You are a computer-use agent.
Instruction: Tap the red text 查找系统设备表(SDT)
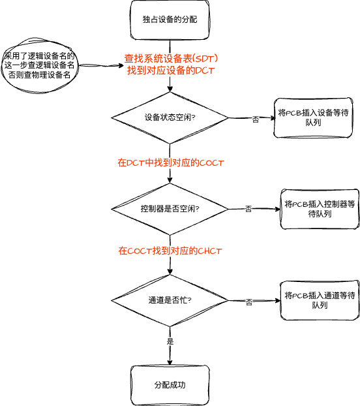point(171,59)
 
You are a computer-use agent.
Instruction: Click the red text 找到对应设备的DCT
point(171,70)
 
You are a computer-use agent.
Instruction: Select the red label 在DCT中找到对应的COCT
point(171,163)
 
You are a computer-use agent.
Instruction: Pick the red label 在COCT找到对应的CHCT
point(170,251)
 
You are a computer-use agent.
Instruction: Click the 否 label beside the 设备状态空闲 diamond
point(256,119)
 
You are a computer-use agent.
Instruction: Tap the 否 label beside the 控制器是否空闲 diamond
point(248,209)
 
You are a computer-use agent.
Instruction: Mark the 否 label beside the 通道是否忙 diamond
point(248,302)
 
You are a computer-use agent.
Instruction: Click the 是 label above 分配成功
point(170,341)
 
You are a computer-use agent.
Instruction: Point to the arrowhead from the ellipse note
point(121,65)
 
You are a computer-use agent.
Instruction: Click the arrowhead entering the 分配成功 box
point(170,362)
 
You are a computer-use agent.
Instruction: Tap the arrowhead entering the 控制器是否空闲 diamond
point(170,180)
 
